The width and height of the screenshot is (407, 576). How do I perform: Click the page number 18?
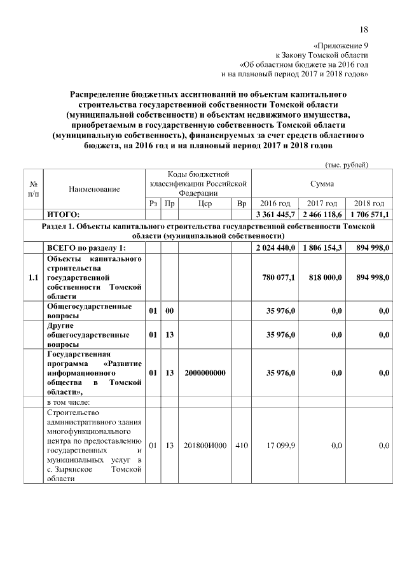[364, 29]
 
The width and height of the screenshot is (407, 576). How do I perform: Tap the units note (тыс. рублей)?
[347, 165]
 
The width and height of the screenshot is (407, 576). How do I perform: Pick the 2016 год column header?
[275, 203]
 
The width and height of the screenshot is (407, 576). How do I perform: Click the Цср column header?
[205, 203]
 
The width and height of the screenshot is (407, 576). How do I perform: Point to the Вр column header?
[241, 203]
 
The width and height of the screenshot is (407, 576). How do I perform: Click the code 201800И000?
[205, 446]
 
